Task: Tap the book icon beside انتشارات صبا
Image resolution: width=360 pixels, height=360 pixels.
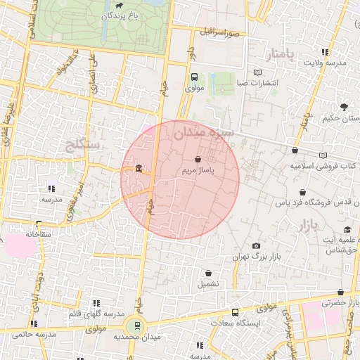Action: pos(257,73)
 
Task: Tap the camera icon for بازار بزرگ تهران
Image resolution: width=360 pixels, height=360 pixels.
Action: pos(256,245)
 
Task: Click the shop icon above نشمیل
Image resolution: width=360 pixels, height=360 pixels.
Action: pos(208,273)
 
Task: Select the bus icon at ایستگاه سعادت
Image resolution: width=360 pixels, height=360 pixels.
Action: pos(235,311)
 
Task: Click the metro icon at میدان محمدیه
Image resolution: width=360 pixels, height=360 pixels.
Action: pos(135,326)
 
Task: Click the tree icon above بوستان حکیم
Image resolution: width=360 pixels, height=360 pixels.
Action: pos(344,107)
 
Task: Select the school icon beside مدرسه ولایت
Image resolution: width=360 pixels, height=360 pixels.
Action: pos(324,52)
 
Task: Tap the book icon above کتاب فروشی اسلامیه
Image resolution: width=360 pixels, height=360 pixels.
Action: pos(323,155)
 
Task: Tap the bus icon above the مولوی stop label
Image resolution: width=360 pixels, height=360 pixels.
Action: pos(194,77)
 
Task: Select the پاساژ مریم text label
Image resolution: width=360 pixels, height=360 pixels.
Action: pos(198,170)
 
